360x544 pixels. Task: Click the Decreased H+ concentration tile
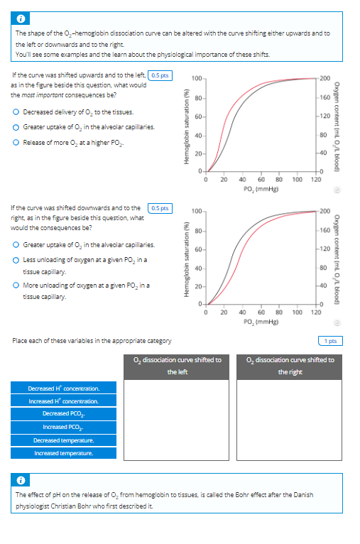(x=63, y=388)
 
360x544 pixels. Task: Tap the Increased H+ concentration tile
(x=63, y=401)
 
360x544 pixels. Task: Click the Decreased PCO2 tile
(x=63, y=414)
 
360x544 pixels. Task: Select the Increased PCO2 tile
(x=63, y=427)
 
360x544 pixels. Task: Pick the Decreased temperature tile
(x=63, y=440)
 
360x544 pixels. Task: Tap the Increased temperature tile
(x=63, y=452)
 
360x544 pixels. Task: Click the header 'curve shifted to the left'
(x=177, y=366)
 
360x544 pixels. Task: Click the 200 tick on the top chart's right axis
(x=325, y=77)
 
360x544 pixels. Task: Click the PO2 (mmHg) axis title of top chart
(x=257, y=169)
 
